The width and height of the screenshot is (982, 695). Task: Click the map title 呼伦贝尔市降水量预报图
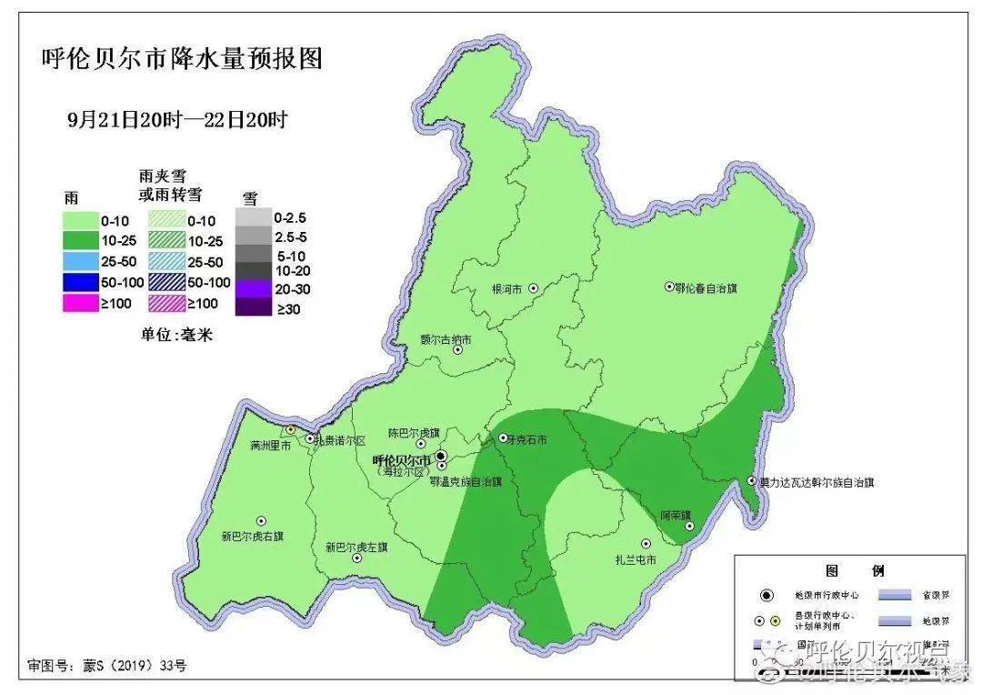pos(183,60)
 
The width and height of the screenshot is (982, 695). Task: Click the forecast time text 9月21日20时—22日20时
pos(177,119)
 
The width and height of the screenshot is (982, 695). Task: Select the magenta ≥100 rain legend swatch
pos(79,304)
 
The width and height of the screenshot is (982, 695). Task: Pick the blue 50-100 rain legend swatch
pos(79,283)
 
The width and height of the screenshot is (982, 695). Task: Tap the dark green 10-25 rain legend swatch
pos(79,241)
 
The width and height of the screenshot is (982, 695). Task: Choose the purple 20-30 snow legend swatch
pos(252,288)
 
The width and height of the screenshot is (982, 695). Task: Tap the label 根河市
pos(506,288)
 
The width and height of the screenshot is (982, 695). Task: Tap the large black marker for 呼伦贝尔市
pos(441,455)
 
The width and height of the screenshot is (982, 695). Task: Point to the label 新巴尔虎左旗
pos(356,548)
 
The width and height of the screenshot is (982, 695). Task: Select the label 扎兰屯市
pos(635,559)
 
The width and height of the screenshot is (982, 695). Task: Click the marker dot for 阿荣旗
pos(689,526)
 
